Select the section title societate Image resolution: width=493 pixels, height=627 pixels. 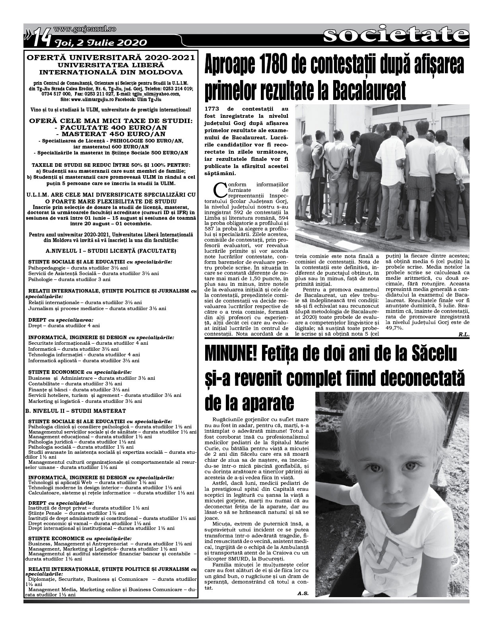395,35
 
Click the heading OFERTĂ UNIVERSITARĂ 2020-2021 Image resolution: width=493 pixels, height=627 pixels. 111,58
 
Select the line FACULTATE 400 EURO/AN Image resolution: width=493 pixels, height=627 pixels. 111,128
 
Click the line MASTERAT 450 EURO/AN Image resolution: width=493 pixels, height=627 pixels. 111,134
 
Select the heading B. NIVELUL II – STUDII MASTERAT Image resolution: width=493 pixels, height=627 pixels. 76,411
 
